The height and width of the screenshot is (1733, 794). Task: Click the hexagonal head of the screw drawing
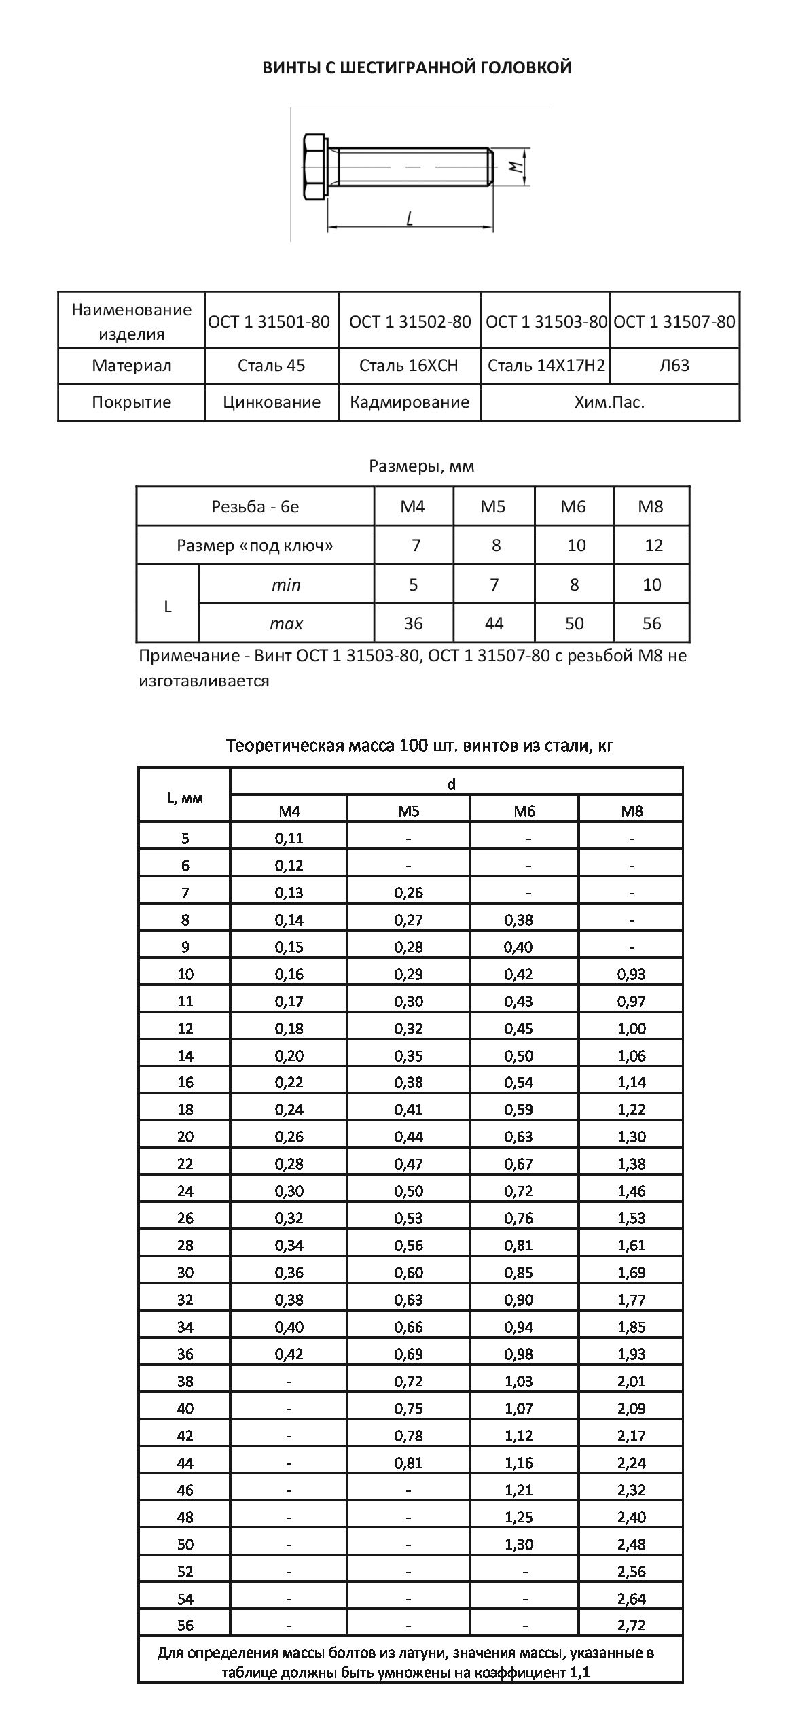click(314, 167)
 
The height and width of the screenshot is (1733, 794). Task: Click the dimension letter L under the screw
click(410, 218)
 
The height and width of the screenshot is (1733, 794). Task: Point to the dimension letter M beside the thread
click(516, 165)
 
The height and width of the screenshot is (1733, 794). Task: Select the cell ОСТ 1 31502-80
click(410, 321)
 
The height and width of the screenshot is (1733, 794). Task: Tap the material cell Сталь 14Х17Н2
click(546, 366)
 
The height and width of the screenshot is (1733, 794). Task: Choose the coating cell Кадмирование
click(410, 402)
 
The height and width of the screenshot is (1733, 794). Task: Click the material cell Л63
click(674, 366)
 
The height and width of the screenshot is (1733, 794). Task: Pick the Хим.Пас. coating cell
click(609, 402)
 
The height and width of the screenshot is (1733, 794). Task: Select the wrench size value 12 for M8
click(653, 545)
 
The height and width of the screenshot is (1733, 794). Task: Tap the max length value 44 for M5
click(494, 623)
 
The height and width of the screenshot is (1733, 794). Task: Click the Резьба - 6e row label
click(255, 506)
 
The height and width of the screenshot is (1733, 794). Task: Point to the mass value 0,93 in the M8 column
click(632, 974)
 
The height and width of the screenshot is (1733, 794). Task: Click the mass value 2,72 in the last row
click(632, 1626)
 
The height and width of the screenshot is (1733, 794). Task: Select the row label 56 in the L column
click(185, 1626)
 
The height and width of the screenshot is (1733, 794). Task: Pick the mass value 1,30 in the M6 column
click(519, 1544)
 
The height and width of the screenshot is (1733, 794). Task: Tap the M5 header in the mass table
click(409, 811)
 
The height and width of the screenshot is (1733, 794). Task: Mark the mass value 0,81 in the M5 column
click(409, 1463)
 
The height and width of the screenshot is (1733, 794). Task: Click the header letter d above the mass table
click(452, 784)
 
